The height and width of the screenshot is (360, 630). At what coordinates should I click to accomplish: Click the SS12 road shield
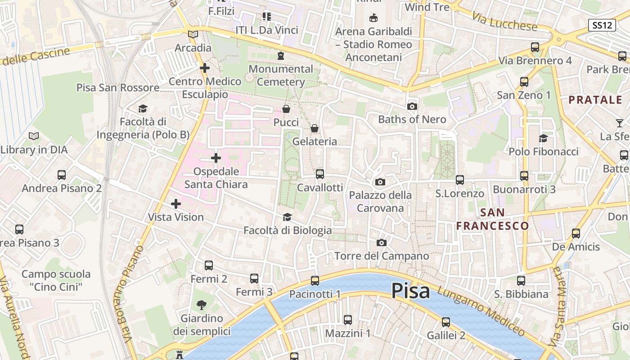pos(602,25)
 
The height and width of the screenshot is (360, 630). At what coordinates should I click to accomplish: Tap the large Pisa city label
pos(410,291)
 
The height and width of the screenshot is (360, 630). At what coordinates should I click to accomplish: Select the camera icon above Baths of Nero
pos(412,107)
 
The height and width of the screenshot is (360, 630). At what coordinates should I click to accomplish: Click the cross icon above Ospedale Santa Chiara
pos(216,158)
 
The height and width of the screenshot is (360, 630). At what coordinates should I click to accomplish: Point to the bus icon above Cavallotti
pos(320,174)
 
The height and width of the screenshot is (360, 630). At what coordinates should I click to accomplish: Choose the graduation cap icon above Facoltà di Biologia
pos(287,217)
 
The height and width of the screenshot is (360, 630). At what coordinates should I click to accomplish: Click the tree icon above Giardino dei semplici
pos(202,305)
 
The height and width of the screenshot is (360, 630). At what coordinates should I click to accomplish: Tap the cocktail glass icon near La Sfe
pos(620,123)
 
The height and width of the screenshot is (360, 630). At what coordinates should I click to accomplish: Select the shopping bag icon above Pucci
pos(286,109)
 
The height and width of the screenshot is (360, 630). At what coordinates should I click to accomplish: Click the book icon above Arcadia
pos(193,34)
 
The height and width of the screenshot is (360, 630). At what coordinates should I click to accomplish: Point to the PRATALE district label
pos(595,100)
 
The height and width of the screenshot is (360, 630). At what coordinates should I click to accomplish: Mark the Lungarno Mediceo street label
pos(481,311)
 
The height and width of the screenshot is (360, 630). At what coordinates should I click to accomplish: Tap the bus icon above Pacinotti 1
pos(315,281)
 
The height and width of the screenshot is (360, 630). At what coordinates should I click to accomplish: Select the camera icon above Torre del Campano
pos(382,243)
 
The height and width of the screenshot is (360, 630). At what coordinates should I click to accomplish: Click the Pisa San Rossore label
pos(118,87)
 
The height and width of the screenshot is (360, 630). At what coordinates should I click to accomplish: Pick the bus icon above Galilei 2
pos(446,322)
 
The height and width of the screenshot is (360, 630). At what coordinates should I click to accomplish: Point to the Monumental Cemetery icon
pos(281,56)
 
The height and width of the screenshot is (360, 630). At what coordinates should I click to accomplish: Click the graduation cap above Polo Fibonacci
pos(544,138)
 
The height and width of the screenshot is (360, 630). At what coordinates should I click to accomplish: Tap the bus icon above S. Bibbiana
pos(521,281)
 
